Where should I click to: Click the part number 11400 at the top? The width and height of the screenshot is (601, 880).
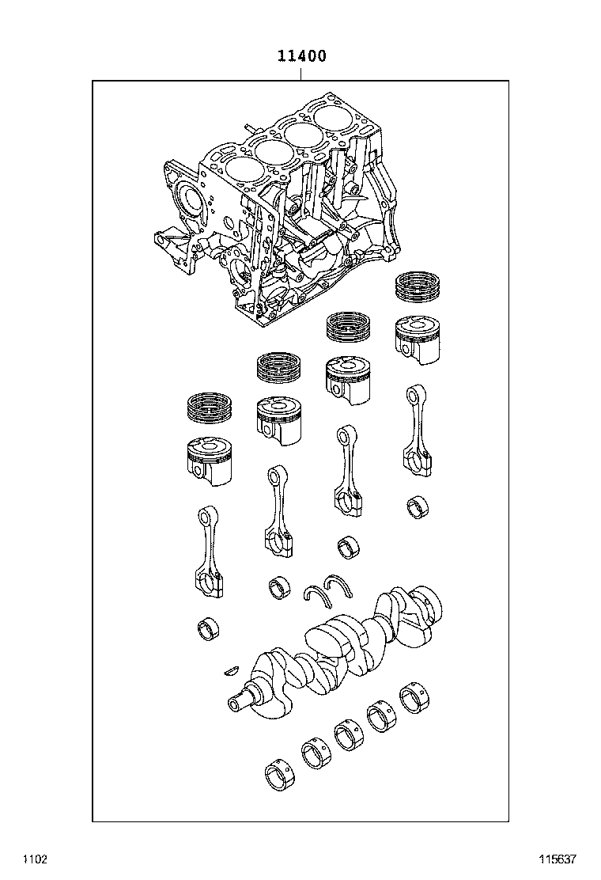coord(300,57)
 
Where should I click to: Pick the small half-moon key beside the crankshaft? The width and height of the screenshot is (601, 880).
coord(230,669)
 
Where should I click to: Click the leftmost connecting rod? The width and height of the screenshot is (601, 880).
coord(210,549)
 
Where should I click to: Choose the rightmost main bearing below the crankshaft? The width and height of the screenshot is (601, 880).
coord(414,697)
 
